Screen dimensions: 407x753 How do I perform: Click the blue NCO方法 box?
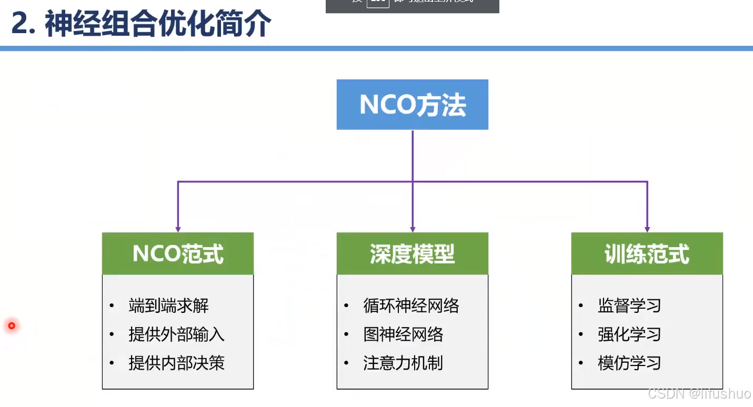(x=412, y=105)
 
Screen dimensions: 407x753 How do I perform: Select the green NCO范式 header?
(x=178, y=254)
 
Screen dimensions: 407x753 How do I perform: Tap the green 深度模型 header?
(x=412, y=254)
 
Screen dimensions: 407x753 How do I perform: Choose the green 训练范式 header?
(x=647, y=254)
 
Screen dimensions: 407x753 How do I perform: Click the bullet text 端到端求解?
(x=168, y=306)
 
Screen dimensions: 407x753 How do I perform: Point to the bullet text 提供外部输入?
(x=176, y=334)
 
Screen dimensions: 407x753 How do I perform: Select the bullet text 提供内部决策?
(x=176, y=363)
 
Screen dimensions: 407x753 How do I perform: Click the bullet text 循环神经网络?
(x=411, y=306)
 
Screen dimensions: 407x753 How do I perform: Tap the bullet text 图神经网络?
(x=403, y=334)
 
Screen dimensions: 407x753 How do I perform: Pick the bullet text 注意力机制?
(x=403, y=363)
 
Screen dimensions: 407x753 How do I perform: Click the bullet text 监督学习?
(x=629, y=306)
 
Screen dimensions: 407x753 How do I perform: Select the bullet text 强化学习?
(x=629, y=334)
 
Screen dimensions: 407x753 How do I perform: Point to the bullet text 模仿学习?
(x=629, y=363)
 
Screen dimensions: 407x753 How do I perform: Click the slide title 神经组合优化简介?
(x=158, y=24)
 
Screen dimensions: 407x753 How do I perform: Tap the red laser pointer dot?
(x=11, y=326)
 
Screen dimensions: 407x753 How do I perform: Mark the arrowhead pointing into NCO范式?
(x=178, y=229)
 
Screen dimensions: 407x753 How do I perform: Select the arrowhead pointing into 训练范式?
(x=647, y=229)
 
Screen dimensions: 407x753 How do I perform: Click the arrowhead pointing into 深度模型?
(x=413, y=229)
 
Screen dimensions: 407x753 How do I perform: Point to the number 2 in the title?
(x=20, y=24)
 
